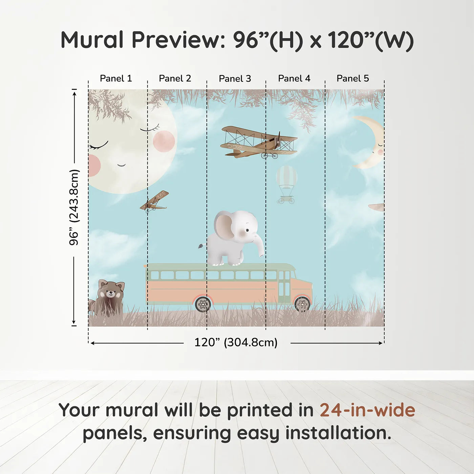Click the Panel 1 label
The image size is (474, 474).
coord(116,79)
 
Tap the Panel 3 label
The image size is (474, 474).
coord(235,79)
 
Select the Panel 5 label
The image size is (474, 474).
coord(353,79)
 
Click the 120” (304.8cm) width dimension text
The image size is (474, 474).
coord(236,342)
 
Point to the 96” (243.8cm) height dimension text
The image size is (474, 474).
coord(74,207)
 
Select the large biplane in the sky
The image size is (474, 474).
coord(259,142)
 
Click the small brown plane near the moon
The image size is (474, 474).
coord(154,201)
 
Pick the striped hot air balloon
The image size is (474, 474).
coord(286,185)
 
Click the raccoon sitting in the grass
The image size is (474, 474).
coord(108,298)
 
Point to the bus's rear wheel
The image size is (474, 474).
coord(203,304)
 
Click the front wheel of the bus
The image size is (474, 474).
coord(302,304)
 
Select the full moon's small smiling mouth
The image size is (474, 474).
coord(121,165)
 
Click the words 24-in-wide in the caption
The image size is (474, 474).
coord(367,410)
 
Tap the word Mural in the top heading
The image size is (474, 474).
coord(92,40)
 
